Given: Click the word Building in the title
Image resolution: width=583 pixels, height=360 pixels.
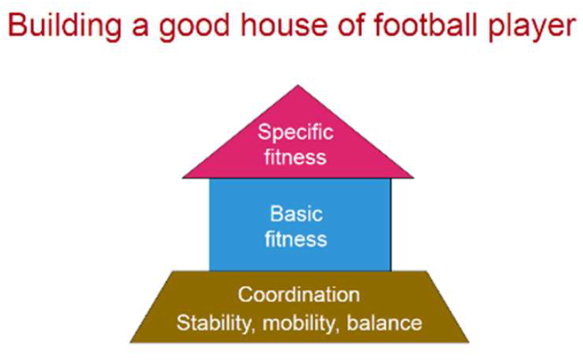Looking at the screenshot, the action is click(x=65, y=26).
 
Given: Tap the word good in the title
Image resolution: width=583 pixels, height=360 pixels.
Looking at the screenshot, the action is click(x=193, y=28).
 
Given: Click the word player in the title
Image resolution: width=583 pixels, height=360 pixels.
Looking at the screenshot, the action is click(x=533, y=28).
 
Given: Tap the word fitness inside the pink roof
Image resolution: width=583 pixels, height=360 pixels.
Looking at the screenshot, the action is click(x=296, y=157).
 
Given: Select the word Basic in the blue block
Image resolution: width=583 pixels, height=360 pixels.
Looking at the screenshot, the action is click(x=296, y=214).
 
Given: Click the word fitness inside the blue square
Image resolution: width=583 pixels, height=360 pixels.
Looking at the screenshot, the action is click(x=296, y=238).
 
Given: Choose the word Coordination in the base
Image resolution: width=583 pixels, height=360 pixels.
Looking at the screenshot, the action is click(x=299, y=295).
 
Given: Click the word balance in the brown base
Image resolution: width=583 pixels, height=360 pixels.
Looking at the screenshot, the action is click(x=385, y=322).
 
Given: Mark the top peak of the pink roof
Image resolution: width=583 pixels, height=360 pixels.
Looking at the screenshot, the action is click(x=298, y=85).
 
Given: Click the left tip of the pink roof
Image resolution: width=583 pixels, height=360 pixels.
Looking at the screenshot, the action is click(x=183, y=178).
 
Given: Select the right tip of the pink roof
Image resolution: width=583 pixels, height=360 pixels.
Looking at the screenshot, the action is click(x=414, y=178).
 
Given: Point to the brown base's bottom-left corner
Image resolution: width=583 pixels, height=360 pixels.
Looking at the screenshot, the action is click(x=130, y=342).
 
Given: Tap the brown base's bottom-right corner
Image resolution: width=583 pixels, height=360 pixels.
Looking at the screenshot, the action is click(x=469, y=342).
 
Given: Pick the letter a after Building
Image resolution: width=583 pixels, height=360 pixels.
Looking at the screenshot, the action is click(x=140, y=28).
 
